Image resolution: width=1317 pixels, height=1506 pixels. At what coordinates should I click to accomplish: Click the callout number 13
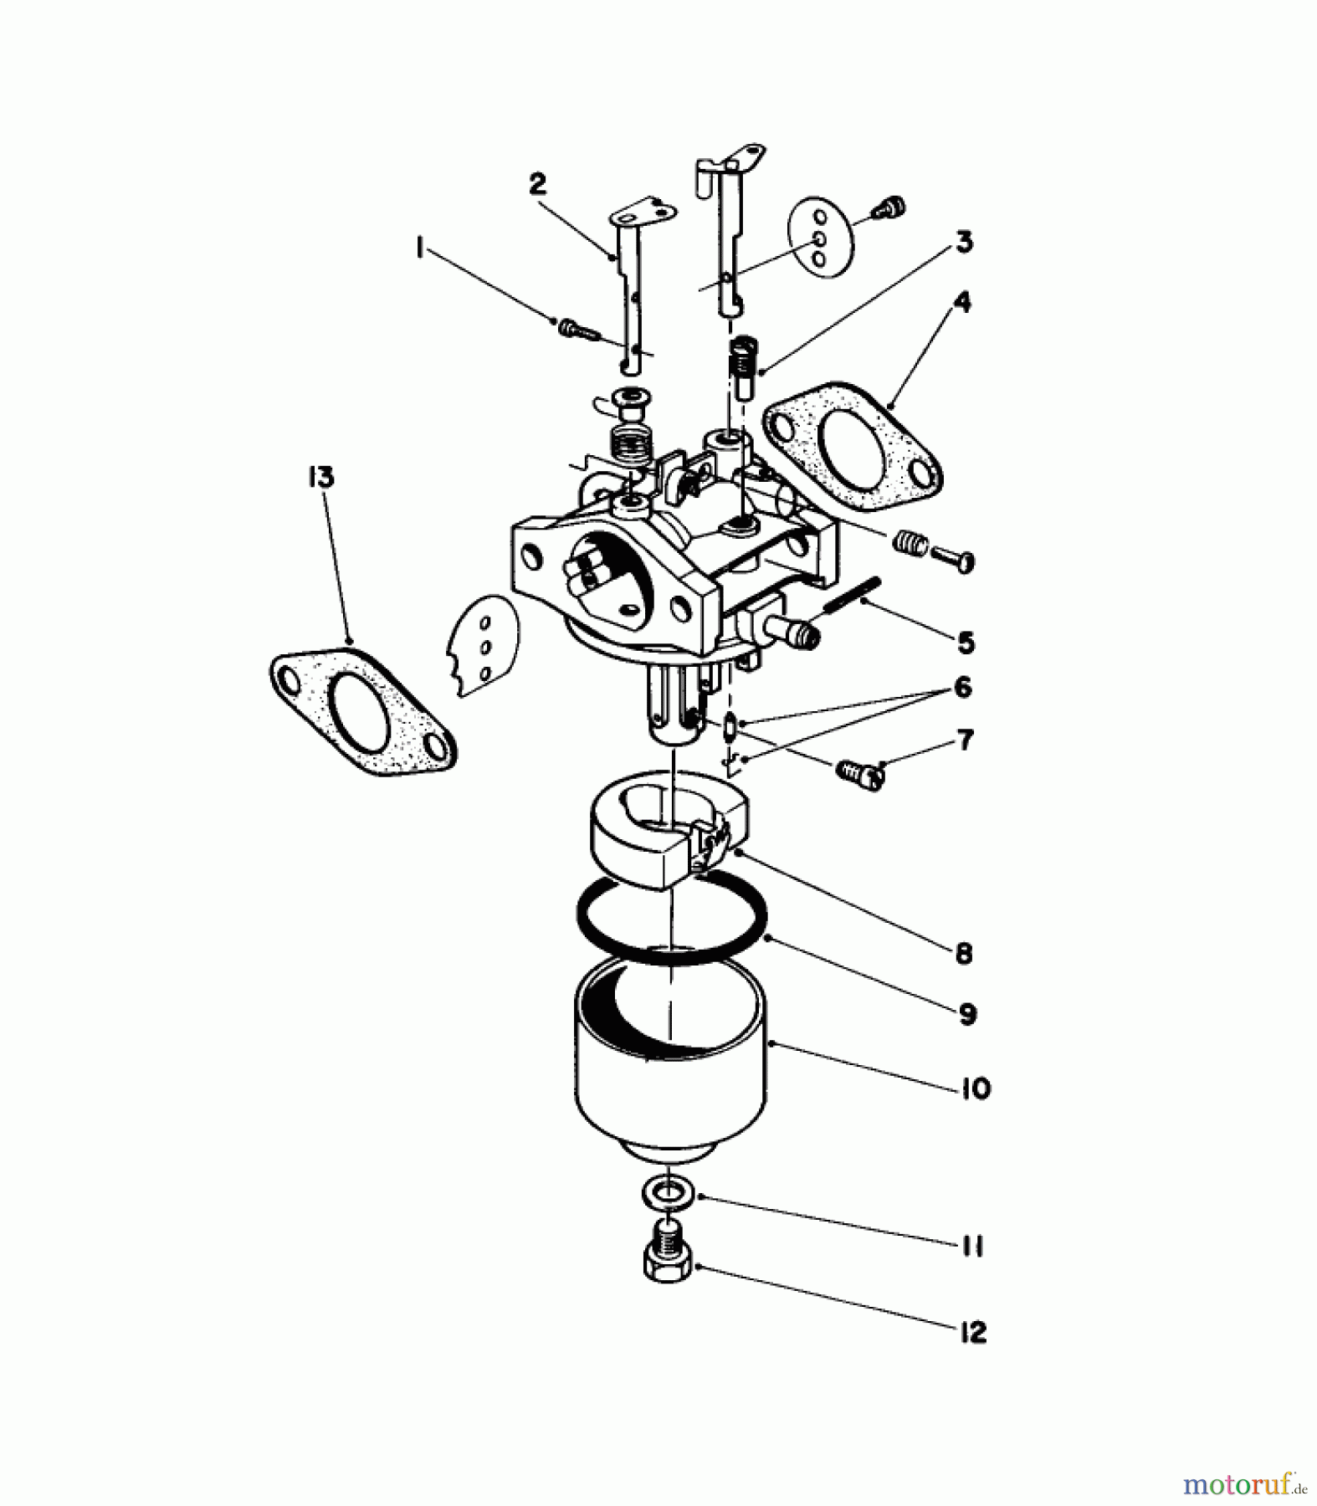point(320,478)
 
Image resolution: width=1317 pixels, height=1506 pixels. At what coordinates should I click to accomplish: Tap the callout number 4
point(962,302)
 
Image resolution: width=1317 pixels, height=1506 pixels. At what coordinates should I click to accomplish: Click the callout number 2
point(537,183)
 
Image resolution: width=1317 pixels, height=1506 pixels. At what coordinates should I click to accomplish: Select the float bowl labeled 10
point(670,1088)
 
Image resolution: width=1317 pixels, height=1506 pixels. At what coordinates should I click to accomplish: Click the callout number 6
point(962,688)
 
